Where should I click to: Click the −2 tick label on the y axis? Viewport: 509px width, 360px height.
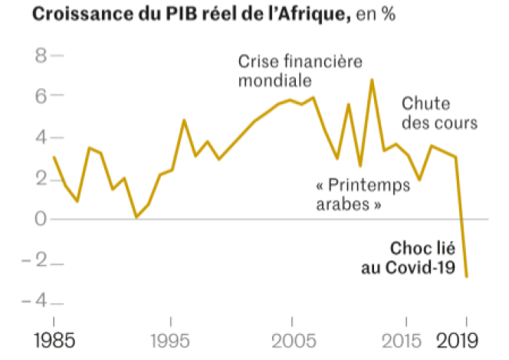point(34,262)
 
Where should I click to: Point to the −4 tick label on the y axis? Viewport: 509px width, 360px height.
point(34,303)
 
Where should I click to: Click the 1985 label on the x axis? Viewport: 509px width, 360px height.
point(54,339)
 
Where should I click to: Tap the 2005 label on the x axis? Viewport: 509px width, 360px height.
point(291,339)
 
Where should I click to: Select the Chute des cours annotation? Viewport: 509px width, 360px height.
point(439,113)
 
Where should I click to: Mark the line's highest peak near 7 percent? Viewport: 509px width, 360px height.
point(372,79)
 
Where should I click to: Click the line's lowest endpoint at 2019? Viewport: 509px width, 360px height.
point(467,277)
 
